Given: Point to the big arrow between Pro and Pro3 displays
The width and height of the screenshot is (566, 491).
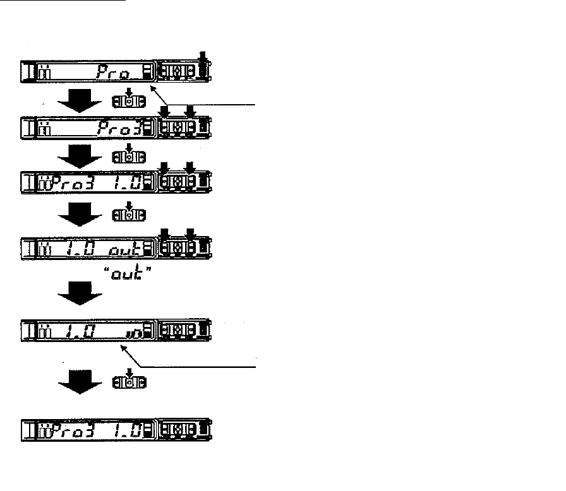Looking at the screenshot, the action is pos(80,100).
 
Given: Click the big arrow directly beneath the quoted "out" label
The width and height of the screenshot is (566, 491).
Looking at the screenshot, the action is pos(80,292).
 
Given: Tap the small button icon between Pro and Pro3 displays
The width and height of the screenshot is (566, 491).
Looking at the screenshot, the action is pos(128,100).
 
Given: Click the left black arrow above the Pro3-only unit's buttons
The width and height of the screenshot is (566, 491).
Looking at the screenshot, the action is pos(164,111).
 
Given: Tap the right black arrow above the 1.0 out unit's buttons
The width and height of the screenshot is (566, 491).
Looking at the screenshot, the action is pos(188,230).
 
